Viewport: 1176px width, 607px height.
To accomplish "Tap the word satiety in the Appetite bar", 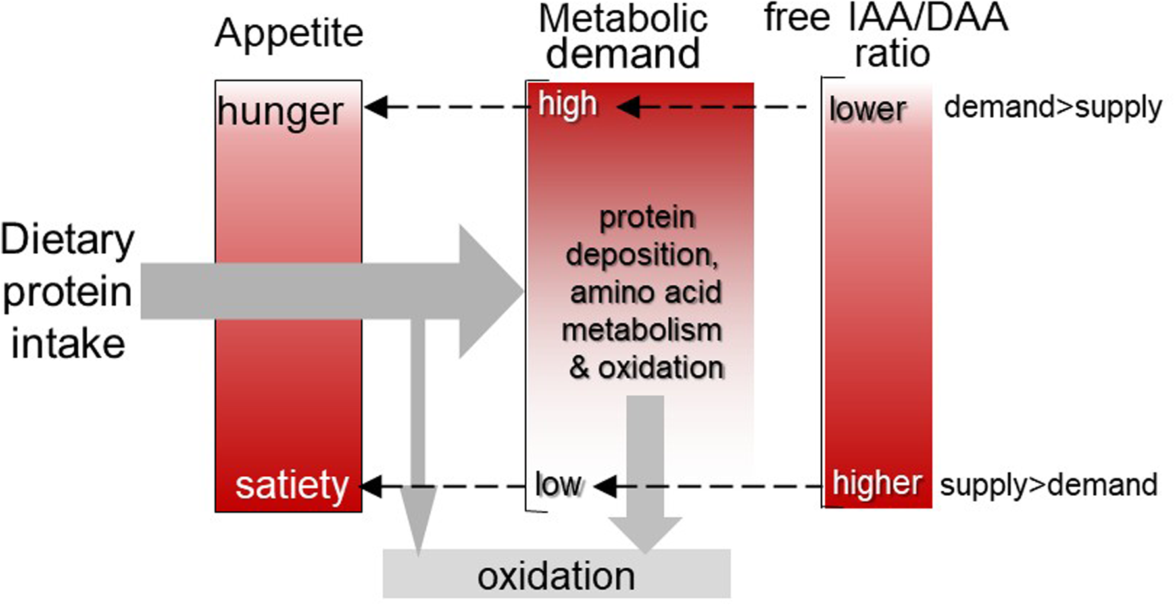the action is coord(291,487).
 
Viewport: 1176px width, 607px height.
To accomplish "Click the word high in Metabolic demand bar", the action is coord(568,104).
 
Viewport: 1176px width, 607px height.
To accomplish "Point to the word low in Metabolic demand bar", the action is coord(558,485).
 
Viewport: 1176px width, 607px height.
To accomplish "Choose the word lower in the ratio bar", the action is coord(868,109).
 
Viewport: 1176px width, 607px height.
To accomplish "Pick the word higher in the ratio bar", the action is coord(877,483).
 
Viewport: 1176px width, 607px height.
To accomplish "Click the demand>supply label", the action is coord(1053,107).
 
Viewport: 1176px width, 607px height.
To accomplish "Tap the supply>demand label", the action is coord(1048,485).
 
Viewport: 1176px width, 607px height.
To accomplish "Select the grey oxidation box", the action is coord(556,573).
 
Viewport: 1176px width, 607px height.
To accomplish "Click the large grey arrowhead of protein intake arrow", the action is coord(491,291).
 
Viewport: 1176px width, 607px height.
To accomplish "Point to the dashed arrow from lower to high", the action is coord(712,107).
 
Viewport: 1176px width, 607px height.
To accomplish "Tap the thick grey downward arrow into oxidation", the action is coord(645,473).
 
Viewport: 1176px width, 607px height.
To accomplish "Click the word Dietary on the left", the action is coord(67,241).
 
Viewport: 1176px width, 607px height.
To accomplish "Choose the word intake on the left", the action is coord(68,343).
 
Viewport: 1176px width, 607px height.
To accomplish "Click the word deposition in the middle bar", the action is coord(642,255).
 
